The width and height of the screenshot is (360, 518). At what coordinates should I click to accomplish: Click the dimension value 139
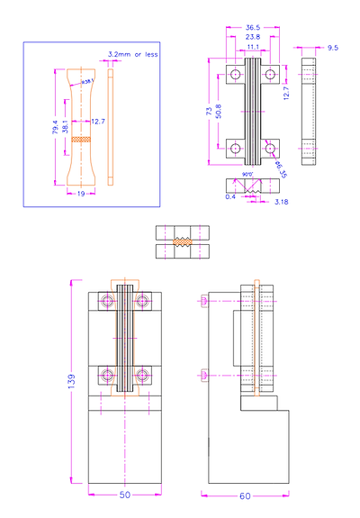pos(71,382)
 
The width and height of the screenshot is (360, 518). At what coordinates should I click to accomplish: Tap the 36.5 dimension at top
pos(253,28)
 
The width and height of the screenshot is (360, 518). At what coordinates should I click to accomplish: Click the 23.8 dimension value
pos(253,37)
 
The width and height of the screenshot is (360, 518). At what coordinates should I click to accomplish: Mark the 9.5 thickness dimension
pos(333,46)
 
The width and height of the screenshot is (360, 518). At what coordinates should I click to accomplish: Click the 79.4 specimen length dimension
pos(55,131)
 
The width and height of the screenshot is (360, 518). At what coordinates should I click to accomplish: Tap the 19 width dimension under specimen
pos(80,194)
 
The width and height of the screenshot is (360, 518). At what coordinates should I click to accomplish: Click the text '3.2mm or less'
pos(132,55)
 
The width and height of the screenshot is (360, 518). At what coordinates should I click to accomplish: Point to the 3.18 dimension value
pos(280,203)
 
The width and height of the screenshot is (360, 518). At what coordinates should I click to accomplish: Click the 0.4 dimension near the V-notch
pos(230,196)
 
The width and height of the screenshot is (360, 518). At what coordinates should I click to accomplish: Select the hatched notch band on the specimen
pos(80,140)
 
